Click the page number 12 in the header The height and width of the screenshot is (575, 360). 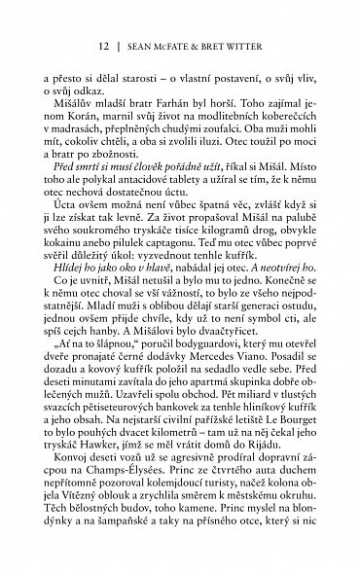click(x=105, y=45)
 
